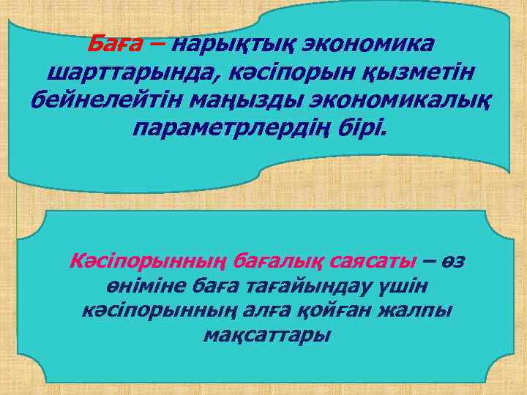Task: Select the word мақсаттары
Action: click(x=266, y=336)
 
